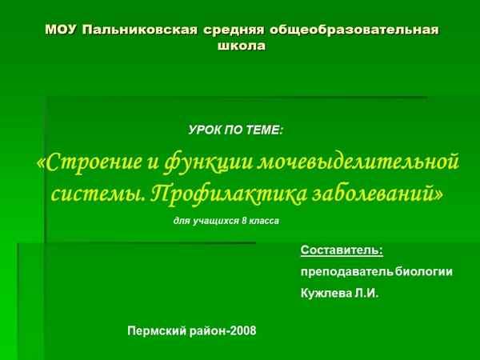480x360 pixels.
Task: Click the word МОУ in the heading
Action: coord(61,30)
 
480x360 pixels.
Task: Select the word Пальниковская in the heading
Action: coord(135,30)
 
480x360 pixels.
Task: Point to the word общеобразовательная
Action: coord(356,30)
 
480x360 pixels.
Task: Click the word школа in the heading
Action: coord(241,46)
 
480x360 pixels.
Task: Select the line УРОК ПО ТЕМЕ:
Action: coord(236,129)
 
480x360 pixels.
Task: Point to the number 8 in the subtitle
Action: coord(246,220)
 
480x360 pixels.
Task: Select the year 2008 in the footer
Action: coord(242,330)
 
